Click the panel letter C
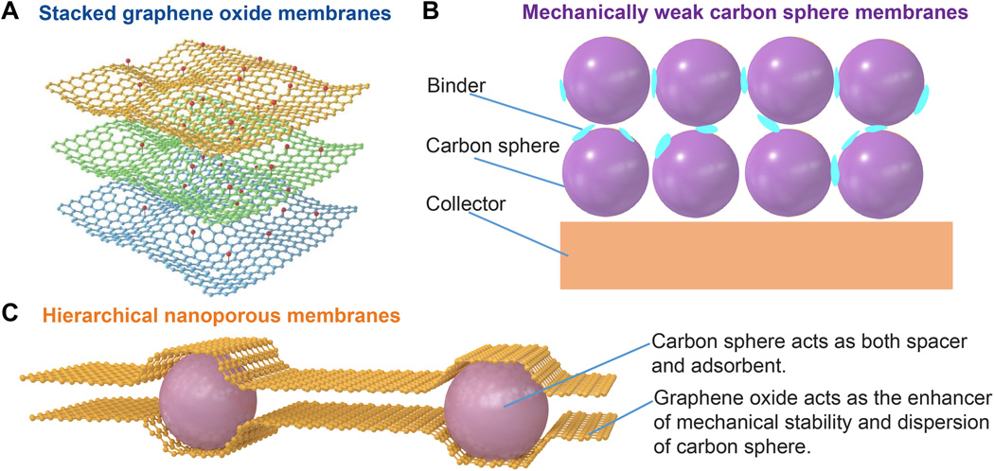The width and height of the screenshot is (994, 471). [x=10, y=311]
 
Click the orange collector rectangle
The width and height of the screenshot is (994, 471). [x=755, y=255]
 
